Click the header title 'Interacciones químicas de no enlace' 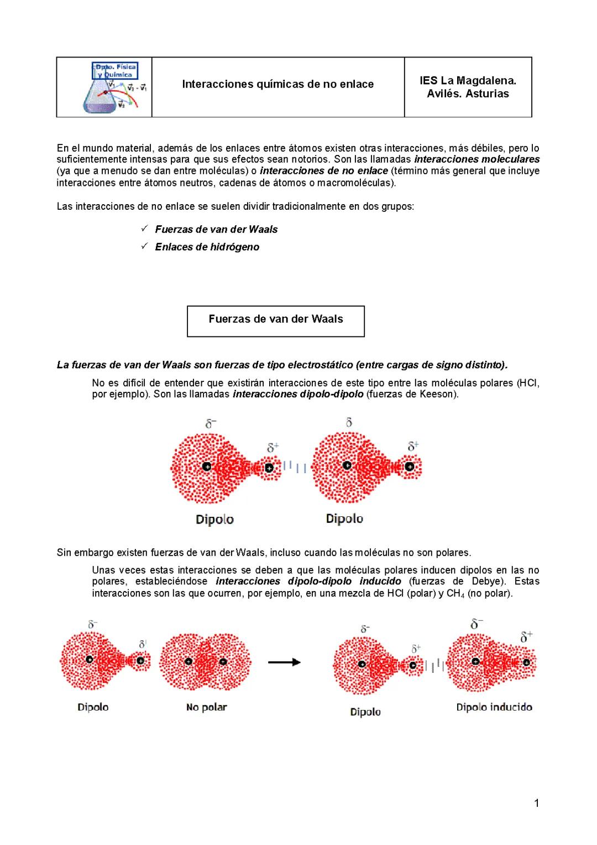(x=277, y=84)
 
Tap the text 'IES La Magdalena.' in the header (x=468, y=80)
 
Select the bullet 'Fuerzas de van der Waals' (x=216, y=230)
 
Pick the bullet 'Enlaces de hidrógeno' (x=207, y=247)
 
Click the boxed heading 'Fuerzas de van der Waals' (x=275, y=319)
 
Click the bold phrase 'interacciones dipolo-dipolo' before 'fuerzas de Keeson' (x=298, y=395)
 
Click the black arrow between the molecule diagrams (x=284, y=662)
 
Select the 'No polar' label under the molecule (x=206, y=707)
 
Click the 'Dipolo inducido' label (x=494, y=707)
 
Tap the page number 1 (x=536, y=803)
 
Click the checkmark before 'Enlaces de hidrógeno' (x=144, y=247)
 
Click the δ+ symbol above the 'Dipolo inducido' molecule (x=526, y=636)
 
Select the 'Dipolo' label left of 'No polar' (x=93, y=707)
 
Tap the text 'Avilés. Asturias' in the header (x=468, y=94)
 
